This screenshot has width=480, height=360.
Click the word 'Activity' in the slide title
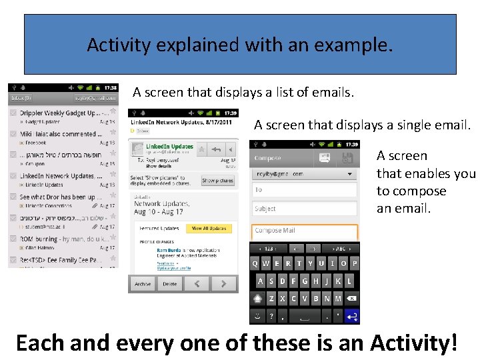click(117, 45)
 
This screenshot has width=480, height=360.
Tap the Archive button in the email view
click(143, 284)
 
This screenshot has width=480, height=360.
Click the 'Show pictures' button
click(217, 181)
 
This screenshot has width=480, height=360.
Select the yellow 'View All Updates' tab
click(209, 229)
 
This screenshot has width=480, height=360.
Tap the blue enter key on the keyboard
click(351, 315)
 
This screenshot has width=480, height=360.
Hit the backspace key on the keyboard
click(351, 299)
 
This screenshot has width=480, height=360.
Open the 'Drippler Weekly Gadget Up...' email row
click(60, 113)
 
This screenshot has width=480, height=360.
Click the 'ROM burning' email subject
click(60, 239)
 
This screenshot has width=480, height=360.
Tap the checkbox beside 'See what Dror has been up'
click(13, 197)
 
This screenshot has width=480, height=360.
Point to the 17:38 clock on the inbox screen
click(110, 87)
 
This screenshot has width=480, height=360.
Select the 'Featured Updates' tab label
click(159, 229)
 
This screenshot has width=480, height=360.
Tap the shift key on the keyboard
click(258, 299)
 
